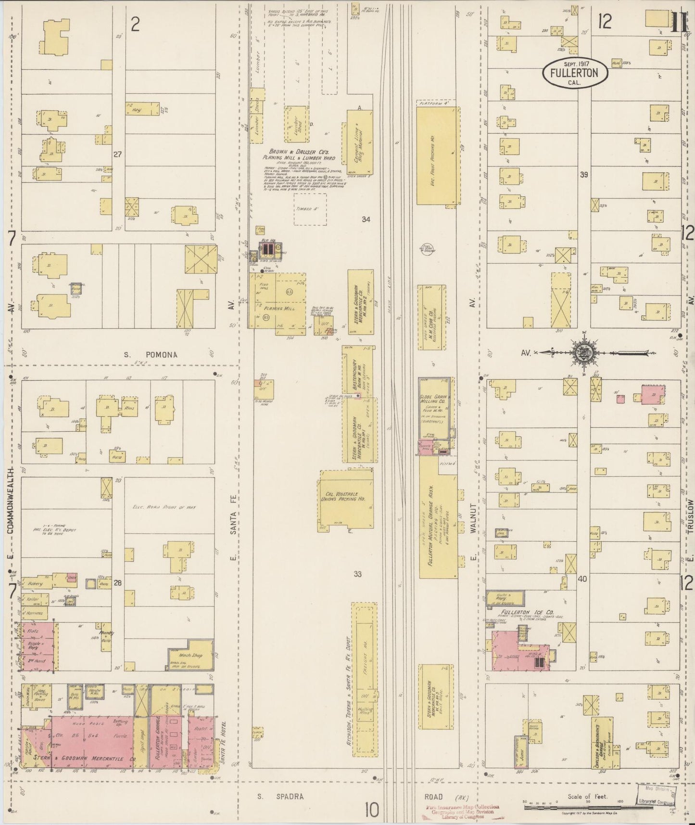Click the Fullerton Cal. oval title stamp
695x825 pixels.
click(575, 73)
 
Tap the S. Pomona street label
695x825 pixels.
click(151, 355)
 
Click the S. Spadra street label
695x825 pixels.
click(280, 796)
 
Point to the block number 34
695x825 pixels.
click(366, 219)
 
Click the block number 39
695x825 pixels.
click(583, 175)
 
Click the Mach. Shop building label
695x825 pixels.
click(190, 655)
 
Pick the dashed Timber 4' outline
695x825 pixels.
click(310, 209)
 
